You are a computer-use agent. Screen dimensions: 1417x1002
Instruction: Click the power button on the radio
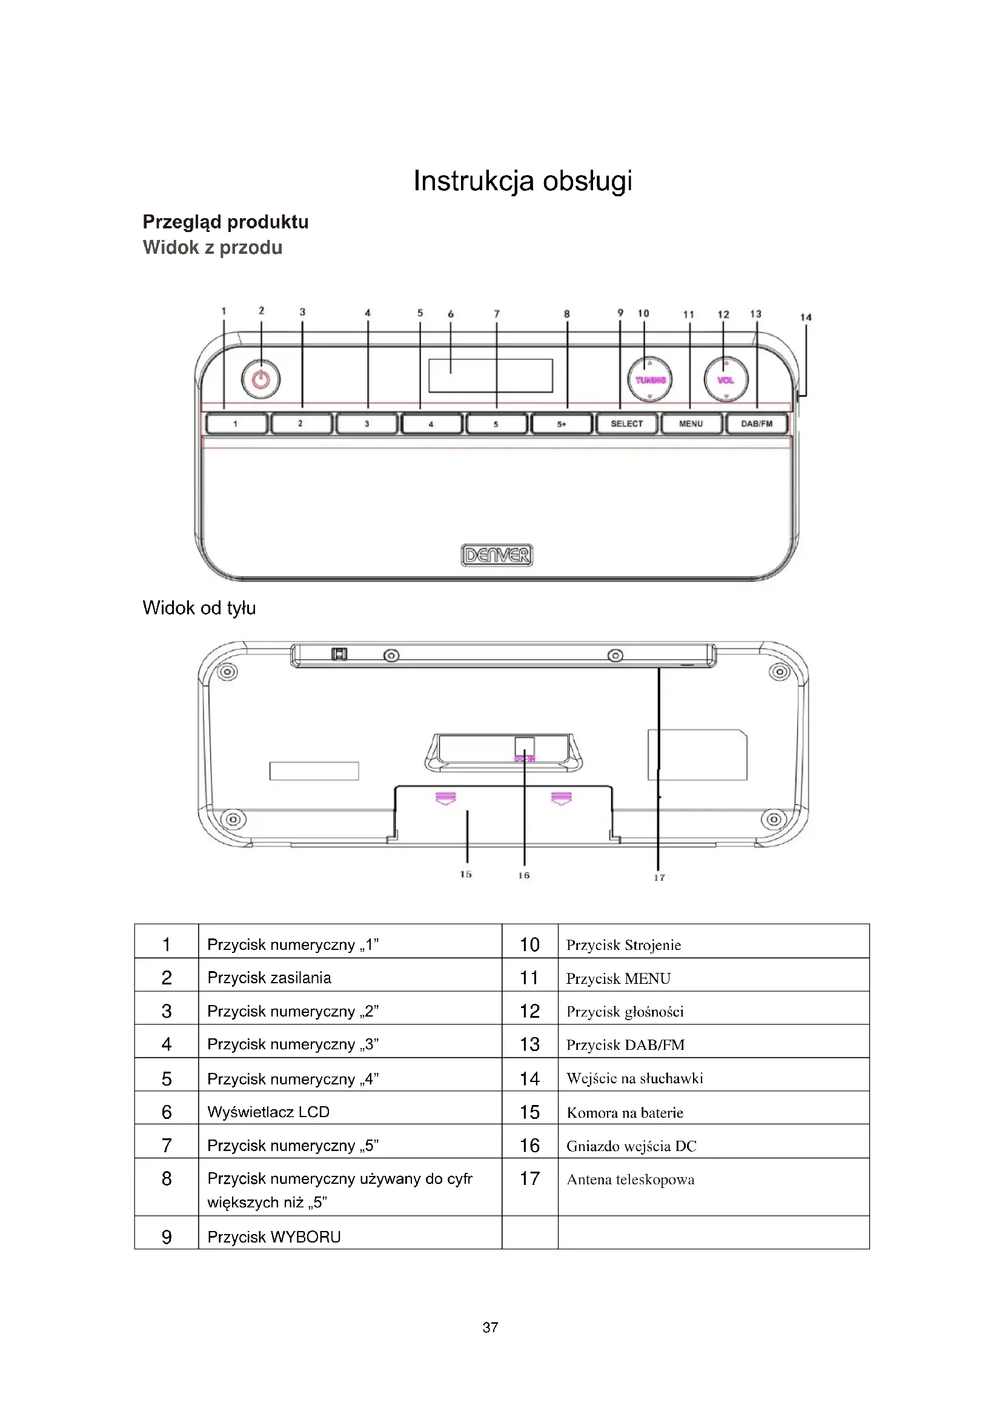pyautogui.click(x=261, y=380)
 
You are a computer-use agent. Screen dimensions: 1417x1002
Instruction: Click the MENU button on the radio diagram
pyautogui.click(x=691, y=424)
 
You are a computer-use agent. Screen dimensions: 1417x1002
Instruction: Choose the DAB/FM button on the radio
pyautogui.click(x=757, y=424)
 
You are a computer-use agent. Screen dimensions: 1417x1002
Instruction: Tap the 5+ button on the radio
pyautogui.click(x=562, y=424)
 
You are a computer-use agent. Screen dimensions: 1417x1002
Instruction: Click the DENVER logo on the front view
pyautogui.click(x=497, y=556)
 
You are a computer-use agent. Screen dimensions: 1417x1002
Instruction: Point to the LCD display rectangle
pyautogui.click(x=491, y=375)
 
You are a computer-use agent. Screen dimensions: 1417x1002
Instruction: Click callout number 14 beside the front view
pyautogui.click(x=806, y=317)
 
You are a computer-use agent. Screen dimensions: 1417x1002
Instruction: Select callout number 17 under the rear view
pyautogui.click(x=660, y=877)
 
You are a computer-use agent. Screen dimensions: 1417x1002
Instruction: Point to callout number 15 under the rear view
pyautogui.click(x=466, y=874)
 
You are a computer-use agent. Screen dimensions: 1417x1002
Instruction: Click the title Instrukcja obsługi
pyautogui.click(x=523, y=181)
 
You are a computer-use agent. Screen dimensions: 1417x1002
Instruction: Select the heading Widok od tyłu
pyautogui.click(x=199, y=608)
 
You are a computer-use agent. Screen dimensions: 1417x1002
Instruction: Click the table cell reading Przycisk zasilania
pyautogui.click(x=269, y=978)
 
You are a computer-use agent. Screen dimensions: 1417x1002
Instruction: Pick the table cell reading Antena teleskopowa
pyautogui.click(x=630, y=1180)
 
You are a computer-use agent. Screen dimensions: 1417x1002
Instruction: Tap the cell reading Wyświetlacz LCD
pyautogui.click(x=268, y=1112)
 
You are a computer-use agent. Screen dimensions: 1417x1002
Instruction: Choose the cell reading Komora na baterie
pyautogui.click(x=625, y=1112)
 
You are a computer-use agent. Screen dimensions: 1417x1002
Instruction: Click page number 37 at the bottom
pyautogui.click(x=490, y=1327)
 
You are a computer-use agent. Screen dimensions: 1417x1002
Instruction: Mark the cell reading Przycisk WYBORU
pyautogui.click(x=274, y=1237)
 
